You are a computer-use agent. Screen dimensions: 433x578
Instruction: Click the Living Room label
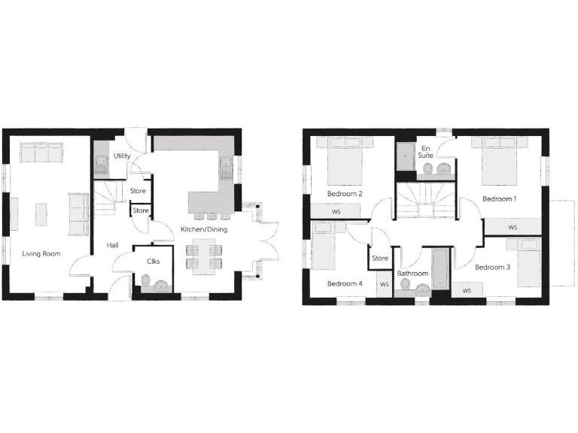coord(41,253)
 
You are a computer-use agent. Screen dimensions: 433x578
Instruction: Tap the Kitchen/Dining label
coord(203,229)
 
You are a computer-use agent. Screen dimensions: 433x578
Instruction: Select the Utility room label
coord(122,156)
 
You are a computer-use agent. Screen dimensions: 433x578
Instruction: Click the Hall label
coord(112,245)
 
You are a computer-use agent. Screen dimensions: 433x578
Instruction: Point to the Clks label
coord(153,261)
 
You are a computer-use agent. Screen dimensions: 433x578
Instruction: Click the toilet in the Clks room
coord(144,283)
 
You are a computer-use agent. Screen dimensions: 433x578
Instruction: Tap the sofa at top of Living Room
coord(42,153)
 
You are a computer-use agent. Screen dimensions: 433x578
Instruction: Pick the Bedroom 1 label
coord(500,199)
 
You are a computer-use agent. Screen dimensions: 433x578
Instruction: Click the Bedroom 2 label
coord(345,194)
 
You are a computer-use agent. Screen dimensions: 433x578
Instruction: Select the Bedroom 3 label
coord(493,267)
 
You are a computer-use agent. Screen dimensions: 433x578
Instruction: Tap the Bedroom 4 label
coord(345,283)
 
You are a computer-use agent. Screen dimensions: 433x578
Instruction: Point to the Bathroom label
coord(412,274)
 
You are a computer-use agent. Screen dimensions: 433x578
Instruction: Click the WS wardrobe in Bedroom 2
coord(336,212)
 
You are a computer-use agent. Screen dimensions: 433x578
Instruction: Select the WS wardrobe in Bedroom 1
coord(513,227)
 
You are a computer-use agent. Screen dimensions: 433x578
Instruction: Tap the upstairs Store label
coord(381,259)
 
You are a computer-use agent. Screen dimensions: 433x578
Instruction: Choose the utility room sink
coord(100,165)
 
